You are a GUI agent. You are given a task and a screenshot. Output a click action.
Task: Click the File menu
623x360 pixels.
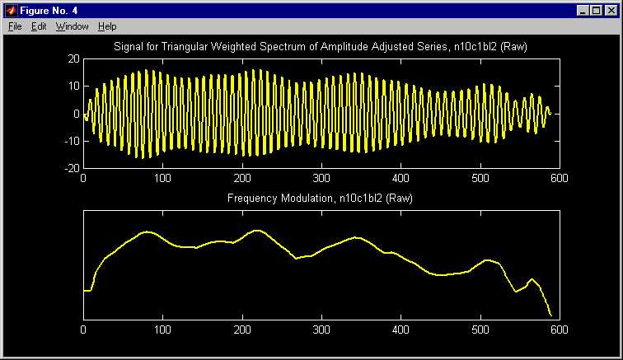pos(15,26)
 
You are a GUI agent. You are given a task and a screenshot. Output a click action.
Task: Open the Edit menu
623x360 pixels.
pos(39,26)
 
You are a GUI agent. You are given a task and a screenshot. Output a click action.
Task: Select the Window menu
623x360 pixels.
pos(72,26)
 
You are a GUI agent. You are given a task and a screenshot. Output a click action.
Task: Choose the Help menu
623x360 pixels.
pos(107,26)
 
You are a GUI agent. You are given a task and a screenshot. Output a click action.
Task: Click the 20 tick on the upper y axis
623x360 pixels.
pos(73,59)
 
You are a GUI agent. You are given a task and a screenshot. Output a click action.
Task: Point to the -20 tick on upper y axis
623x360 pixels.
pos(72,168)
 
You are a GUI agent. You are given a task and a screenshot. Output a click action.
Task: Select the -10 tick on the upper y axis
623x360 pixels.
pos(72,141)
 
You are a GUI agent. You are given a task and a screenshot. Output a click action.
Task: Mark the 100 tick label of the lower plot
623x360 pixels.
pos(162,330)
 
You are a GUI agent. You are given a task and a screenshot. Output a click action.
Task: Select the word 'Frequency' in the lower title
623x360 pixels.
pos(252,199)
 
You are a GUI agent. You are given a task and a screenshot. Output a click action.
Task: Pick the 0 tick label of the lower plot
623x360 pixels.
pos(83,330)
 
